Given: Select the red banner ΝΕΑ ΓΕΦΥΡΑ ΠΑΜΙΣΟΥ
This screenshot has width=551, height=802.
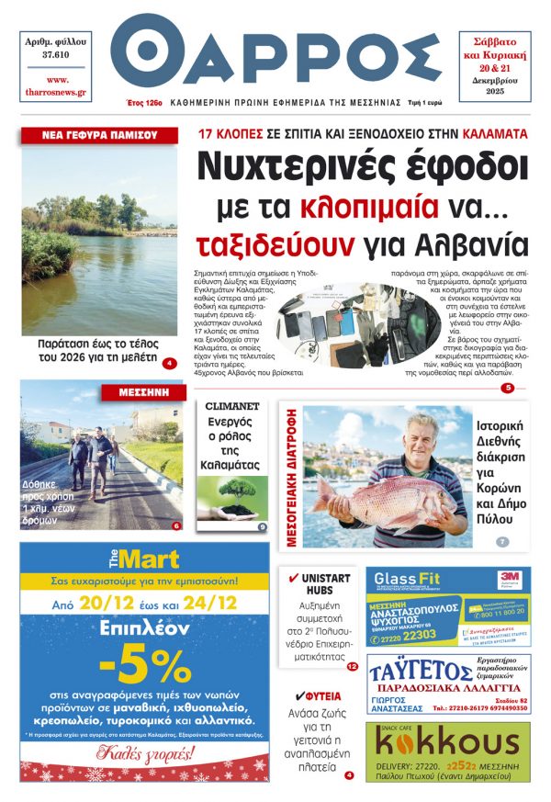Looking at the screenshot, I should pos(99,135).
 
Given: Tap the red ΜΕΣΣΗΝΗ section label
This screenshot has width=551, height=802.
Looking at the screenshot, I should pos(144,391).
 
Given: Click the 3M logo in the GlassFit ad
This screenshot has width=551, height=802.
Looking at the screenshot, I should pos(509,576).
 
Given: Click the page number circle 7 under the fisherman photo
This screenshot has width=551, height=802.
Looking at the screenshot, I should pos(502,541).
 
